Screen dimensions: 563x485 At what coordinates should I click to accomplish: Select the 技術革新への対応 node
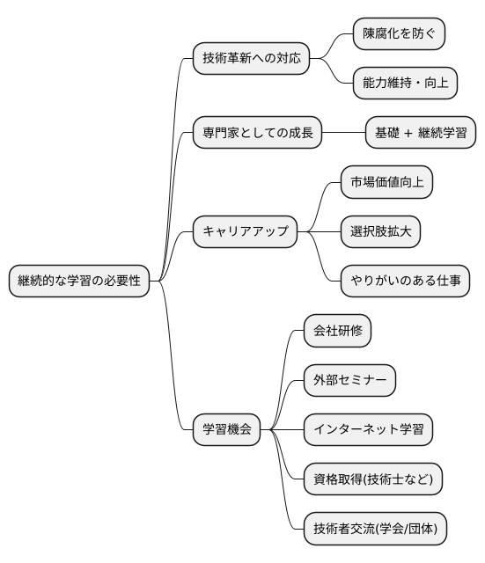click(x=251, y=60)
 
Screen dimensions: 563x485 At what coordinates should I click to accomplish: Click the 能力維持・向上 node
click(x=404, y=85)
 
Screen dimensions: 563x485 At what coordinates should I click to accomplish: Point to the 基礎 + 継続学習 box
click(x=422, y=135)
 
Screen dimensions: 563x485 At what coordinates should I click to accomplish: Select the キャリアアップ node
click(x=245, y=232)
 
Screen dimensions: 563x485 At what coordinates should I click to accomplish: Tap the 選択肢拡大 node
click(x=380, y=232)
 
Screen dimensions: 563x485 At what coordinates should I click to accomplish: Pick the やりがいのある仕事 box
click(x=404, y=281)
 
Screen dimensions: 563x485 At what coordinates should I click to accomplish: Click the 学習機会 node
click(x=227, y=429)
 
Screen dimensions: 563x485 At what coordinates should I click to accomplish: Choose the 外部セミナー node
click(x=349, y=380)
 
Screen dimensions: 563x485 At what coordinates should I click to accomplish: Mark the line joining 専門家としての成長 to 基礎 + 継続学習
click(x=343, y=135)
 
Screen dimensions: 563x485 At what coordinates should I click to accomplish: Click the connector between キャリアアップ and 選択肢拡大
click(x=319, y=232)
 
